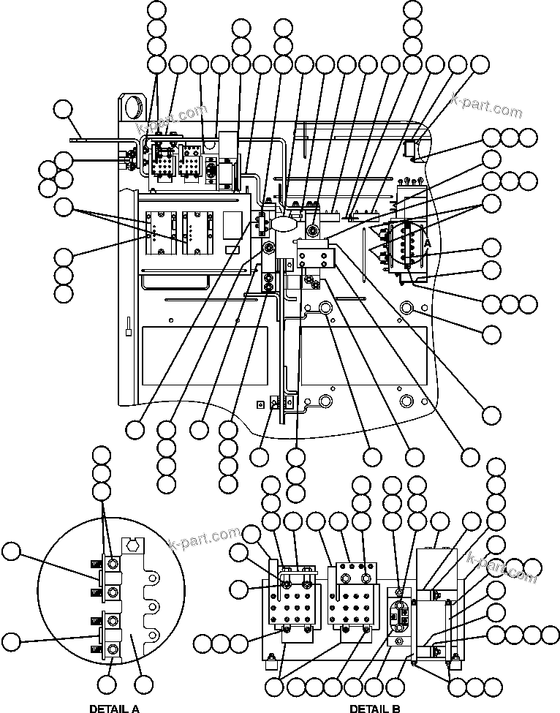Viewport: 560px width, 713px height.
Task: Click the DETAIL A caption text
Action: coord(114,708)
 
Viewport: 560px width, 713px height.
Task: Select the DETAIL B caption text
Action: coord(374,708)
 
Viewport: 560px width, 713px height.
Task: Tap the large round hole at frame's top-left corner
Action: coord(135,106)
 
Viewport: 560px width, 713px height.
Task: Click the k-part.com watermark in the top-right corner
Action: coord(487,107)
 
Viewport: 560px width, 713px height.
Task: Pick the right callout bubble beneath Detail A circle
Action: coord(144,685)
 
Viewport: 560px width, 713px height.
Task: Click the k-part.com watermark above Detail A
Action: coord(205,540)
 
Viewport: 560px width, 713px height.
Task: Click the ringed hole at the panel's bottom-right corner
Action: coord(408,401)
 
